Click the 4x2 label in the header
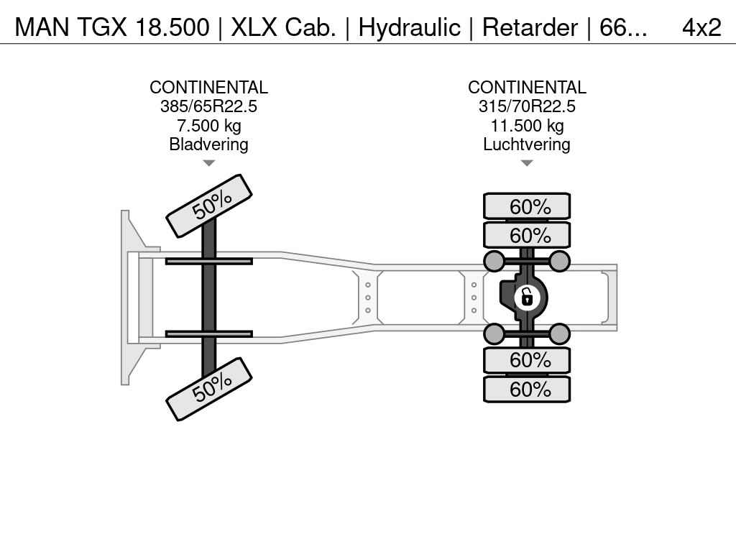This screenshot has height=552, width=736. [701, 28]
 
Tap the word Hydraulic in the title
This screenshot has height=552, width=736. [409, 28]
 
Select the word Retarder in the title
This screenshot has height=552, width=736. [530, 28]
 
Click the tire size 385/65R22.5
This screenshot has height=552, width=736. [208, 106]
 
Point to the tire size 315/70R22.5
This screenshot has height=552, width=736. [527, 106]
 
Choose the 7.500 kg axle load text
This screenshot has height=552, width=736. [209, 125]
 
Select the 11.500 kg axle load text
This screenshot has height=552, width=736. [527, 125]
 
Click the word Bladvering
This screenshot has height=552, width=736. [208, 144]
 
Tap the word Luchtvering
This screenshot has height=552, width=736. [527, 144]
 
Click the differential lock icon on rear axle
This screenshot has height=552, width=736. [527, 298]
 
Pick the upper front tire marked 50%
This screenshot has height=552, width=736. [209, 206]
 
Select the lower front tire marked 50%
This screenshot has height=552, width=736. [209, 389]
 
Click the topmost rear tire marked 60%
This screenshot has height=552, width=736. [527, 206]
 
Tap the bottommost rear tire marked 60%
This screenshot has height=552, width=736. [527, 389]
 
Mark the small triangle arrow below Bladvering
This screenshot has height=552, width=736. [209, 163]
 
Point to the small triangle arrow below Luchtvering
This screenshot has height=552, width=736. [527, 163]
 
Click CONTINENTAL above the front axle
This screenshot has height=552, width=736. [208, 87]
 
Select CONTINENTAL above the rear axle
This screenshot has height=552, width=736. [527, 87]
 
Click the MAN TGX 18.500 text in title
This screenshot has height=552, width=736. [112, 28]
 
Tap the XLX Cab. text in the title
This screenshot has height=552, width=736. [283, 28]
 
